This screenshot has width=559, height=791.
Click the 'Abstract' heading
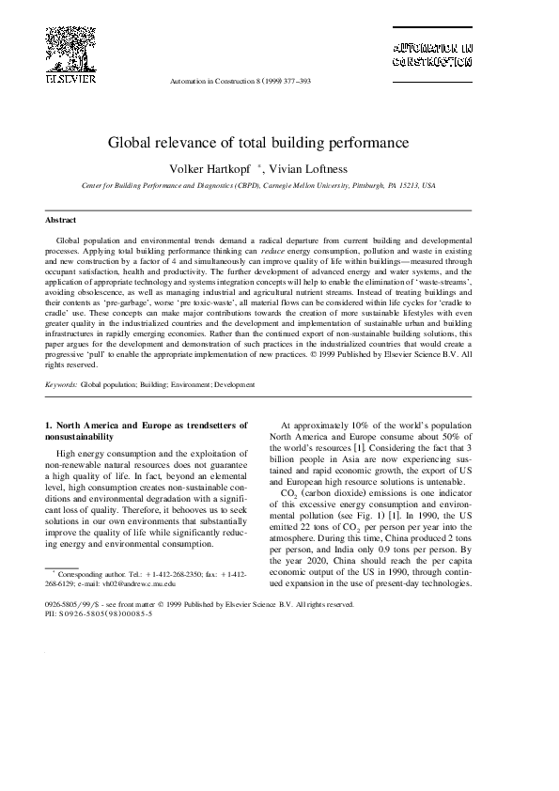(x=61, y=219)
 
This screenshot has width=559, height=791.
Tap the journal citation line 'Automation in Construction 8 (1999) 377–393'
(x=241, y=82)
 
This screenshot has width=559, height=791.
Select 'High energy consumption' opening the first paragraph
(x=103, y=454)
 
